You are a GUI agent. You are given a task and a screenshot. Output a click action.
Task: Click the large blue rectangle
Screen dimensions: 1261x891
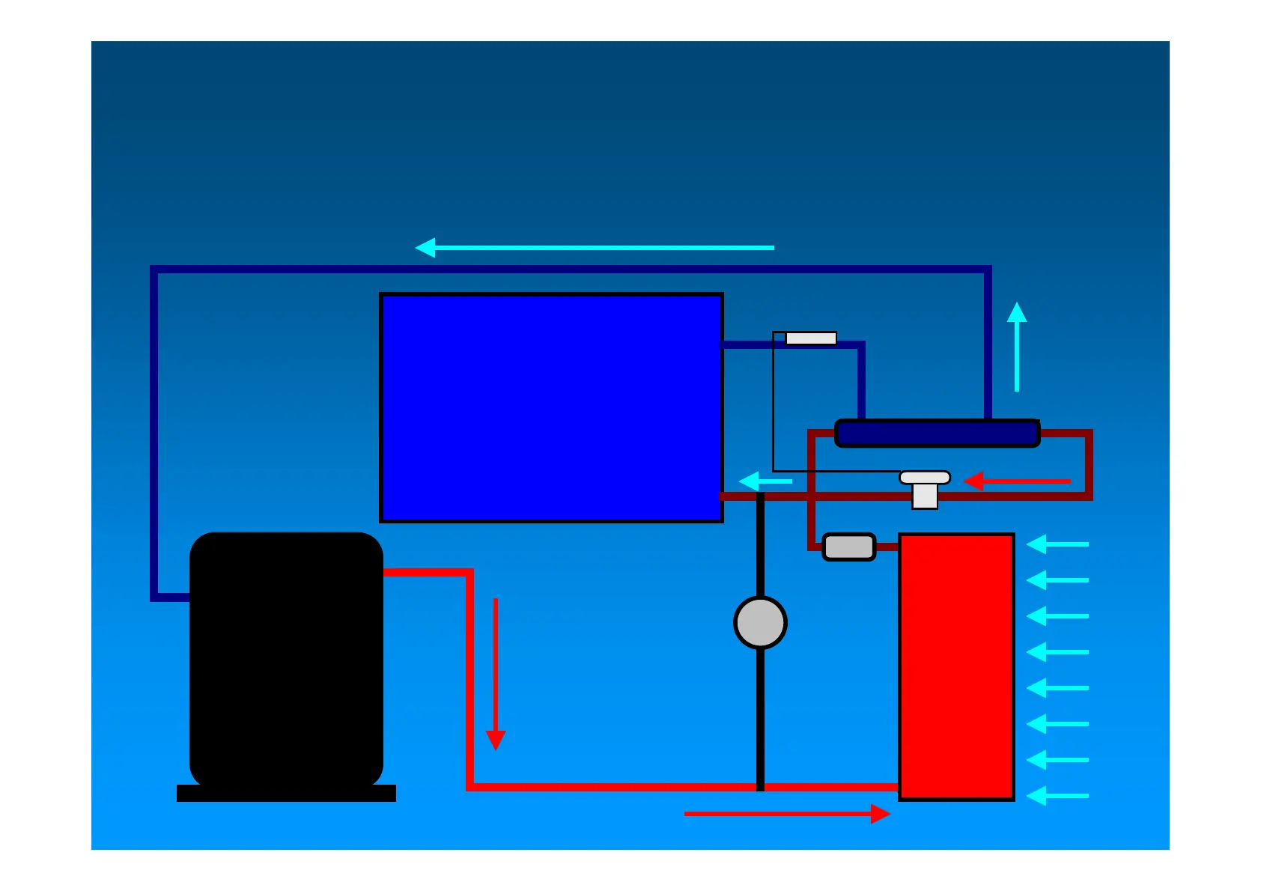tap(551, 407)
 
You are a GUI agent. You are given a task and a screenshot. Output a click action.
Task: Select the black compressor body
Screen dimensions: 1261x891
tap(286, 659)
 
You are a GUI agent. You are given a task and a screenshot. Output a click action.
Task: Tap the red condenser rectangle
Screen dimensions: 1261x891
tap(956, 666)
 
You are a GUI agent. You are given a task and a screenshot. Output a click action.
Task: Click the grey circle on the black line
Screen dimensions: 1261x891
tap(760, 622)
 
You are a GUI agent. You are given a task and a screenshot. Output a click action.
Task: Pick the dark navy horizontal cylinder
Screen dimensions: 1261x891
tap(937, 434)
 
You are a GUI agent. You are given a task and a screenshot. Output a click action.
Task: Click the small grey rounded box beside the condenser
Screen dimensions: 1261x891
tap(849, 547)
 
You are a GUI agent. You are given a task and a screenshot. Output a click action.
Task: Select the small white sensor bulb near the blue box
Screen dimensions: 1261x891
tap(810, 338)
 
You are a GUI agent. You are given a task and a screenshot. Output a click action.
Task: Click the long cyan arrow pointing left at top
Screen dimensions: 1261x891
tap(595, 247)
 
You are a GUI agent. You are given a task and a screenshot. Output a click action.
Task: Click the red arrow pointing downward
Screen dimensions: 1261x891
tap(496, 674)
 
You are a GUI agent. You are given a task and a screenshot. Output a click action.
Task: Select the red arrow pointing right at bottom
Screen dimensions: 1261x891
tap(786, 813)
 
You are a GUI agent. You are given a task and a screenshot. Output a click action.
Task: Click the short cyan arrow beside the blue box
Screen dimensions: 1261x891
tap(765, 481)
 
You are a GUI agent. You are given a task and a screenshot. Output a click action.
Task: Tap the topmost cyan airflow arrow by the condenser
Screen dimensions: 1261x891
tap(1057, 544)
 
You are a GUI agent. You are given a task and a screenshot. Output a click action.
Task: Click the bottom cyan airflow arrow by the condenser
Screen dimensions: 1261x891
tap(1057, 796)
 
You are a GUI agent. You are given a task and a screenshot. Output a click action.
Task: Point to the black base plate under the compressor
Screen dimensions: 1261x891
tap(286, 794)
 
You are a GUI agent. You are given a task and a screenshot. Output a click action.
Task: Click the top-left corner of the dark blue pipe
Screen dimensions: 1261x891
tap(154, 269)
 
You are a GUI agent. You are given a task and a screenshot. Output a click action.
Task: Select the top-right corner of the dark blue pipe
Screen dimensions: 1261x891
tap(988, 270)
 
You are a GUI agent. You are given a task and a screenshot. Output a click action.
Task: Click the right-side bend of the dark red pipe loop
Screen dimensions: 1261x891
tap(1088, 464)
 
